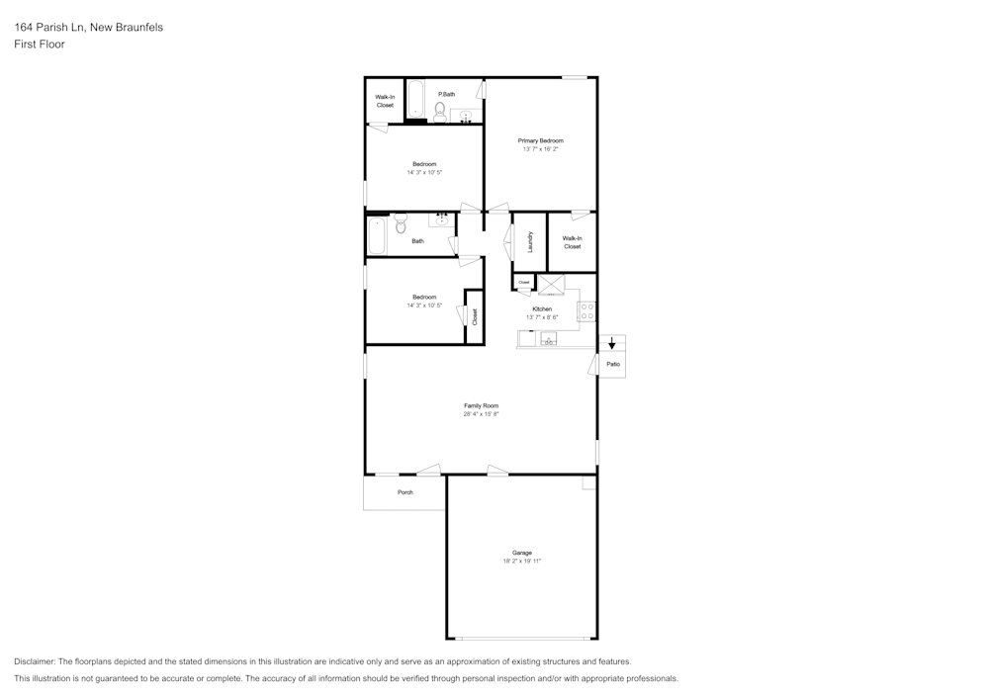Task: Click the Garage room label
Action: coord(521,553)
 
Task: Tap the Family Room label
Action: coord(482,406)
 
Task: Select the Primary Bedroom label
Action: coord(541,140)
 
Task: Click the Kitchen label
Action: coord(542,308)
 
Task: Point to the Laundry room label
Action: coord(530,242)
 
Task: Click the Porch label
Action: coord(405,492)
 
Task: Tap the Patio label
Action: coord(613,364)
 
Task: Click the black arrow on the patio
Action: coord(612,343)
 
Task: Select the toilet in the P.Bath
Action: coord(440,112)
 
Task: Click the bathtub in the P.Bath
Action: coord(415,98)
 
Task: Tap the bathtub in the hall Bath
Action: coord(377,235)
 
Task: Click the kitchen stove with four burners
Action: coord(586,311)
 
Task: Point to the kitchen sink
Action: coord(548,339)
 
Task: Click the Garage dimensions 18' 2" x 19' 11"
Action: coord(521,561)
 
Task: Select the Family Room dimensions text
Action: coord(482,414)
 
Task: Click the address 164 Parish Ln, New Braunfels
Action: coord(88,27)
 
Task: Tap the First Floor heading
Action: coord(40,44)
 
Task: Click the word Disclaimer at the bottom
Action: coord(34,661)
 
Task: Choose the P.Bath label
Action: coord(447,94)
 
